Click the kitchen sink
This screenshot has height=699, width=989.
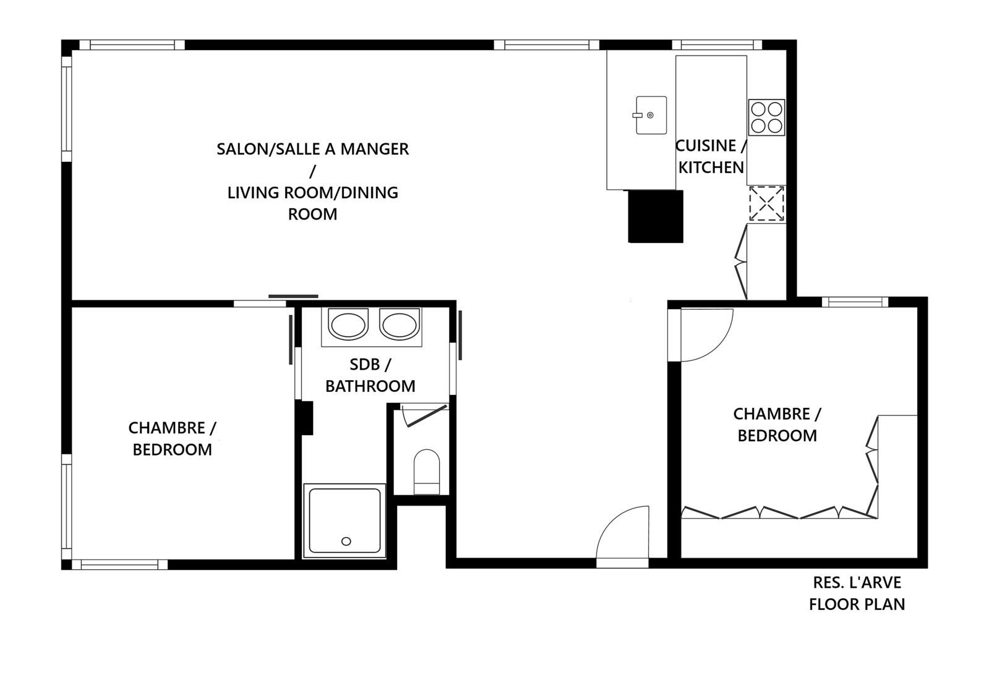[651, 115]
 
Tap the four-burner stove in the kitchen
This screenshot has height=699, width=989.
[766, 117]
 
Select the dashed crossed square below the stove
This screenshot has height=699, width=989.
[766, 203]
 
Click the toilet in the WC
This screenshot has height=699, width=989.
[427, 472]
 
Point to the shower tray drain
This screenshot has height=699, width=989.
[346, 541]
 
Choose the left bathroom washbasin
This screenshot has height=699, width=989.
[348, 325]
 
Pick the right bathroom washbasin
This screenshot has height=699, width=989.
[399, 325]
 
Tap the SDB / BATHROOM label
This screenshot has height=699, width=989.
[370, 376]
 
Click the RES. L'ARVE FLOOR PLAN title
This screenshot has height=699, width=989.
[857, 593]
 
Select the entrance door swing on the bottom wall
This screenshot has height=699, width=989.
[623, 533]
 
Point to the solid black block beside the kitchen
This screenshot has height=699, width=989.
[655, 216]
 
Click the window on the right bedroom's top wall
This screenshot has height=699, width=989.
[855, 302]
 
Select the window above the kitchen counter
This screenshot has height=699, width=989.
[717, 44]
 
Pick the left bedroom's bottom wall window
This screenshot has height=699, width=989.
[119, 564]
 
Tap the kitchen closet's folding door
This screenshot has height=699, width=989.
[741, 262]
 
